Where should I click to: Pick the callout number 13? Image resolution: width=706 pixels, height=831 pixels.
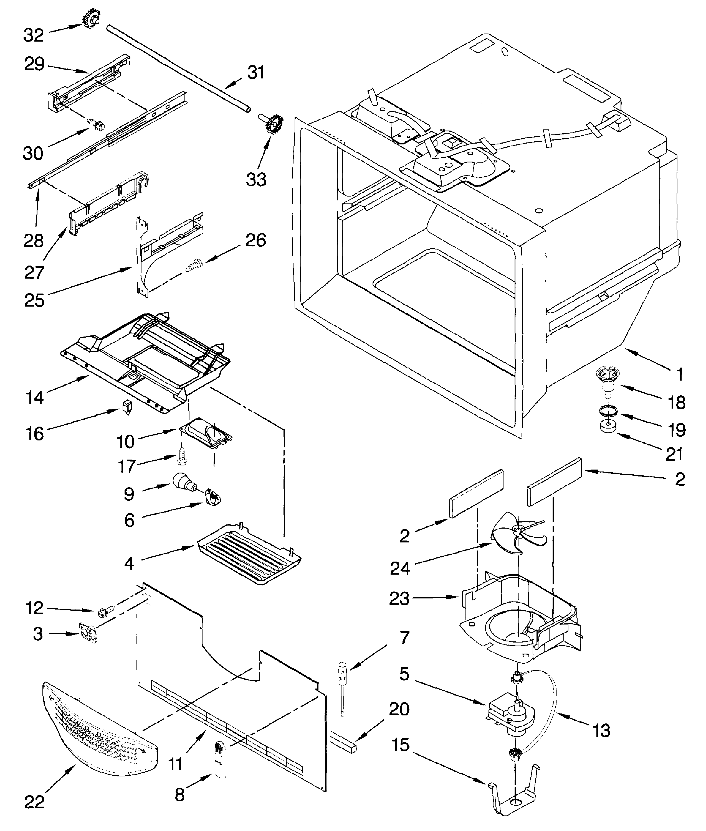pos(601,730)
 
